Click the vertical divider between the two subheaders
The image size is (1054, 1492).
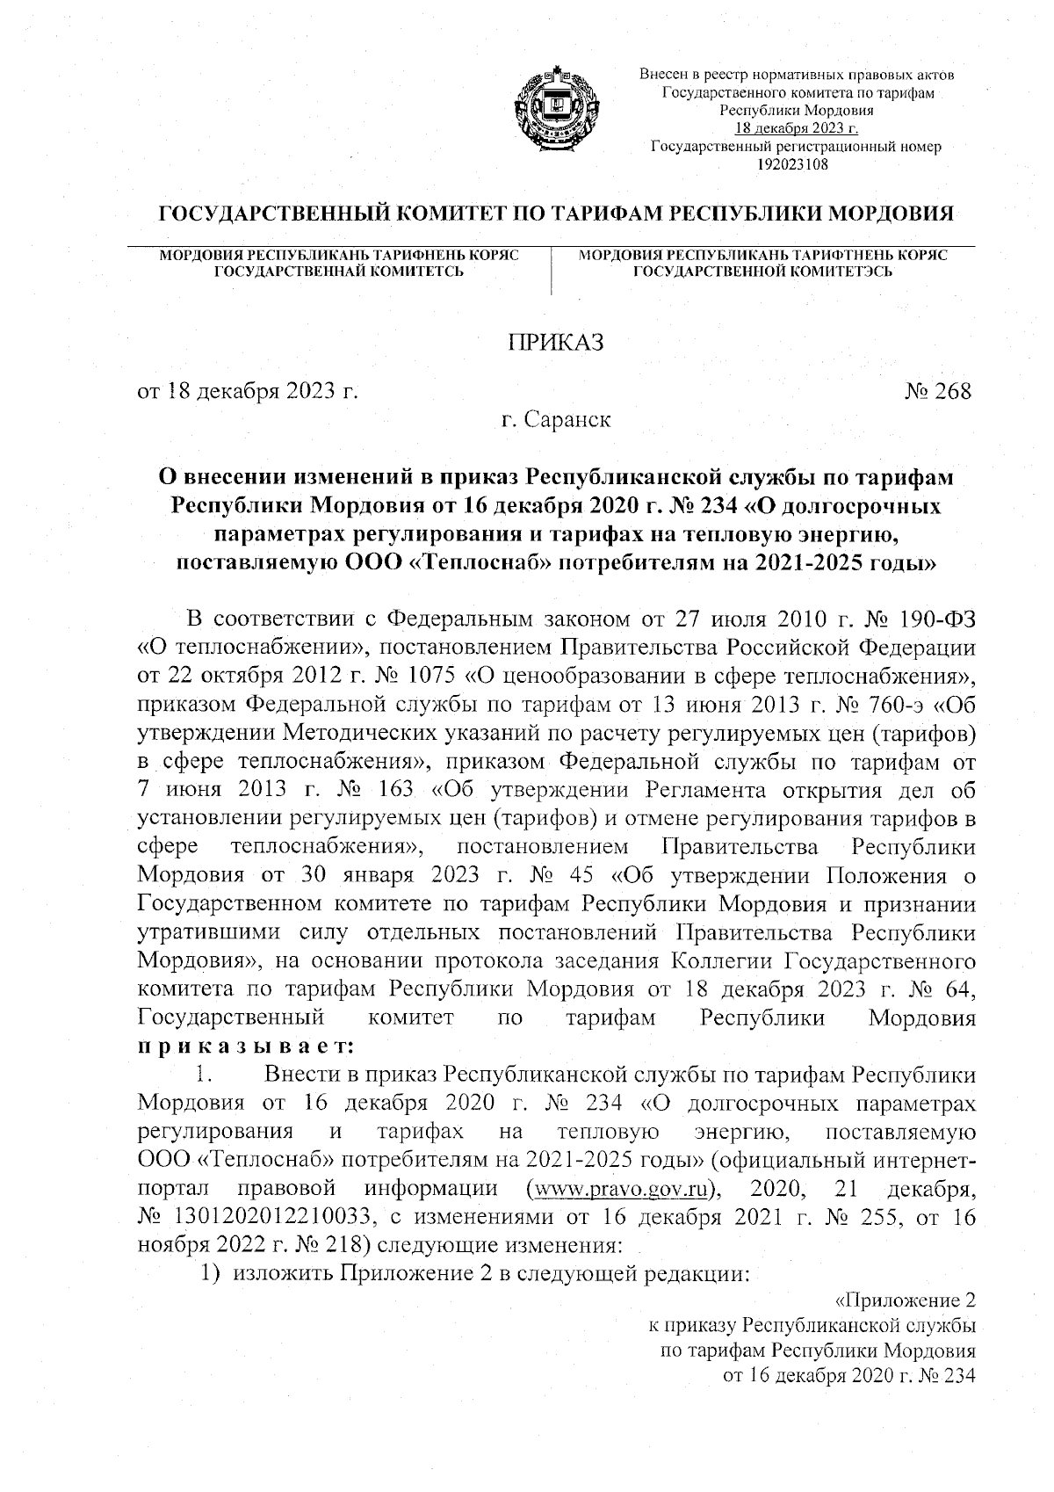[551, 272]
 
